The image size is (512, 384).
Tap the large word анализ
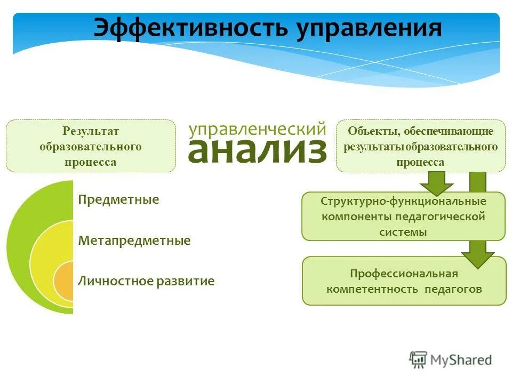click(x=257, y=151)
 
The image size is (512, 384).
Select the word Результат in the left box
click(x=91, y=131)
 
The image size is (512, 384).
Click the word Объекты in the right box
click(x=372, y=131)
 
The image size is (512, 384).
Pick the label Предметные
click(x=118, y=200)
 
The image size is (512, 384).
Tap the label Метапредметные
click(x=134, y=241)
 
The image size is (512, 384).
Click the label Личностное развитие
click(x=146, y=281)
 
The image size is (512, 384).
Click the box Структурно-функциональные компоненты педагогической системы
click(x=403, y=217)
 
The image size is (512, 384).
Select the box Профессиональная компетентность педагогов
click(x=404, y=281)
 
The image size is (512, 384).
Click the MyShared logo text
click(x=460, y=360)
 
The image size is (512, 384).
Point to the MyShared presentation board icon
click(x=419, y=359)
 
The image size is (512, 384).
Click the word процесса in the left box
click(x=91, y=162)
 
